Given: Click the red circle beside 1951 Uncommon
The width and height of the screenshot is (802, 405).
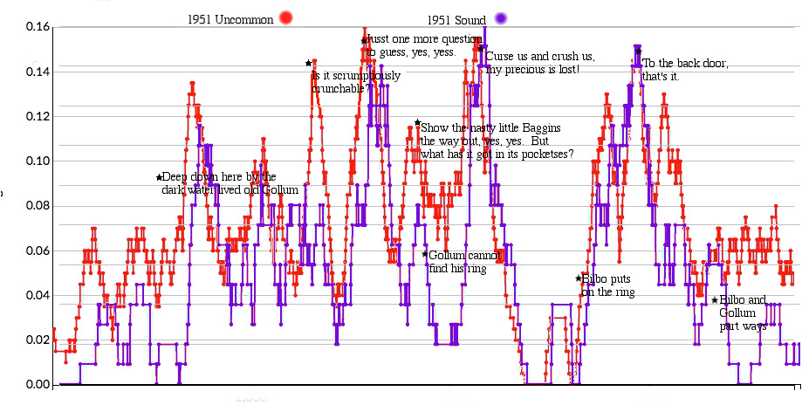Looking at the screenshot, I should coord(284,17).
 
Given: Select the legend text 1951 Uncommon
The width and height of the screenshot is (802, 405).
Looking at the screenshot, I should coord(230,18).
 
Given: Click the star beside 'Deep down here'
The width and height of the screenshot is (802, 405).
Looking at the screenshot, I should coord(159,177).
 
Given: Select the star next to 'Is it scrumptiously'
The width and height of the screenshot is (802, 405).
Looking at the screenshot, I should coord(308,63).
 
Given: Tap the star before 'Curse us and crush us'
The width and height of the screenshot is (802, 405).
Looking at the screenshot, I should coord(480,48).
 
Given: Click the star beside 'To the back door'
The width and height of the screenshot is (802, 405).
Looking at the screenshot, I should coord(639,51).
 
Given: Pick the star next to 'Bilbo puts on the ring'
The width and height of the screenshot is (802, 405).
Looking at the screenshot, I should coord(578,278).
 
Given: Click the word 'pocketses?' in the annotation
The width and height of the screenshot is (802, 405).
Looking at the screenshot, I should coord(545,154).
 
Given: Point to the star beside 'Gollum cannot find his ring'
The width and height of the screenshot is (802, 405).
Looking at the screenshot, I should coord(425,254).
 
